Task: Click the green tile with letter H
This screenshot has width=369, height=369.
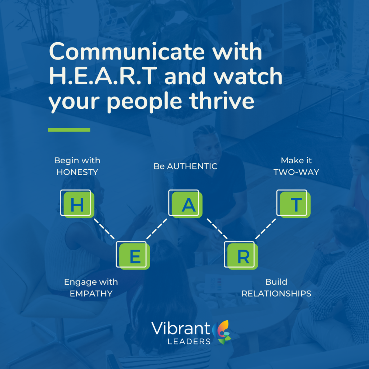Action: (79, 205)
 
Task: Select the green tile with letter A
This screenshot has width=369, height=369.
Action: (187, 205)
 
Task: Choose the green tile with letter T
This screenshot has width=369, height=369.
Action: (295, 205)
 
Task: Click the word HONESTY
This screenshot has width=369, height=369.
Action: (77, 172)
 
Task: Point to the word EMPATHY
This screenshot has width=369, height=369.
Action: (91, 294)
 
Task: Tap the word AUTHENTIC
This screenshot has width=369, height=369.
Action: (192, 166)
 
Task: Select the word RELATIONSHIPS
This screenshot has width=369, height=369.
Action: (276, 294)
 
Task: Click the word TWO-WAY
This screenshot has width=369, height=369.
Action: (296, 172)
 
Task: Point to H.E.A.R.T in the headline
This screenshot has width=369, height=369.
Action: (103, 76)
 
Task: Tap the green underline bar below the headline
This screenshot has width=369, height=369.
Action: (69, 130)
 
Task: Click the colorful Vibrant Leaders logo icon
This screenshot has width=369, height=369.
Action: (222, 332)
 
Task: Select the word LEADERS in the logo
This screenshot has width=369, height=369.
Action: (189, 342)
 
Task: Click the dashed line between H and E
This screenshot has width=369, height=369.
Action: (104, 229)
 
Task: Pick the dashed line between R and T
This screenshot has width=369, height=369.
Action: (266, 229)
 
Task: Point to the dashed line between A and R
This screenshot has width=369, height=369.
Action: (217, 229)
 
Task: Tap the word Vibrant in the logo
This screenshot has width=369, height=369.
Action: (181, 328)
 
